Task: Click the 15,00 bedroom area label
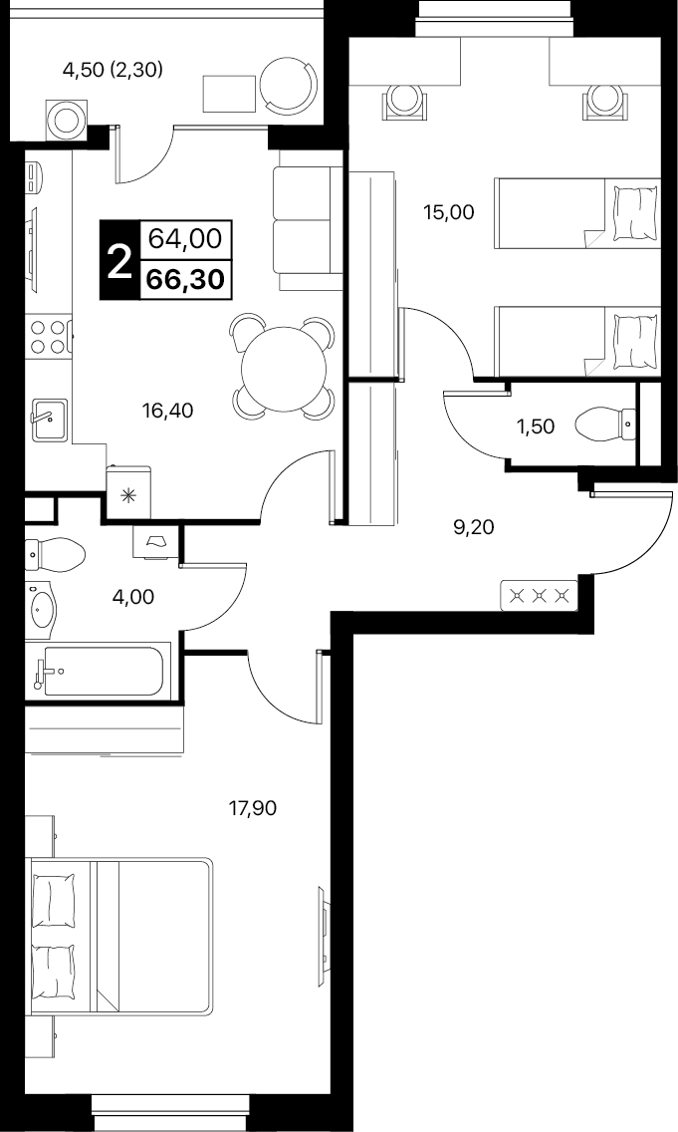tap(450, 212)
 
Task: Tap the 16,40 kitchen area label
tap(167, 411)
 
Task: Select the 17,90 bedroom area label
tap(253, 808)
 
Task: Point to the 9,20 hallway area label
tap(473, 528)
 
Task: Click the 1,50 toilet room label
tap(536, 426)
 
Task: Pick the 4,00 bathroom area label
tap(133, 597)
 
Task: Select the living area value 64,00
tap(185, 237)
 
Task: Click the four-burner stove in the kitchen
tap(48, 337)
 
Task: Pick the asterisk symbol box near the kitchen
tap(129, 494)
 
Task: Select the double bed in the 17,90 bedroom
tap(119, 937)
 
